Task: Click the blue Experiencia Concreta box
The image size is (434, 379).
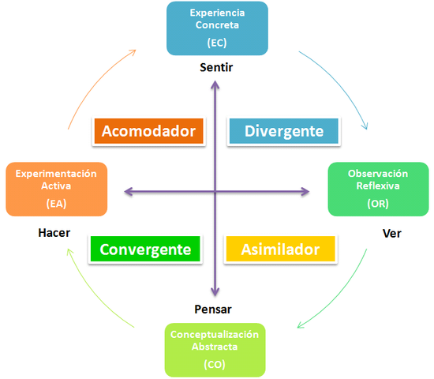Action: click(216, 28)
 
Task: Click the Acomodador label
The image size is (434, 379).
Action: click(149, 131)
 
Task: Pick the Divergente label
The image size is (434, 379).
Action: click(283, 131)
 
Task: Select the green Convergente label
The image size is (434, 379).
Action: click(146, 250)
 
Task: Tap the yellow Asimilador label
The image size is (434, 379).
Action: click(280, 250)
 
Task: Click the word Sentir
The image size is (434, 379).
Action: click(215, 67)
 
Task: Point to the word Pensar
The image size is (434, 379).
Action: click(213, 309)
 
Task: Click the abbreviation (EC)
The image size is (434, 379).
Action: click(216, 43)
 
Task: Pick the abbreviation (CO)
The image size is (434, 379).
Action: click(215, 365)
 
